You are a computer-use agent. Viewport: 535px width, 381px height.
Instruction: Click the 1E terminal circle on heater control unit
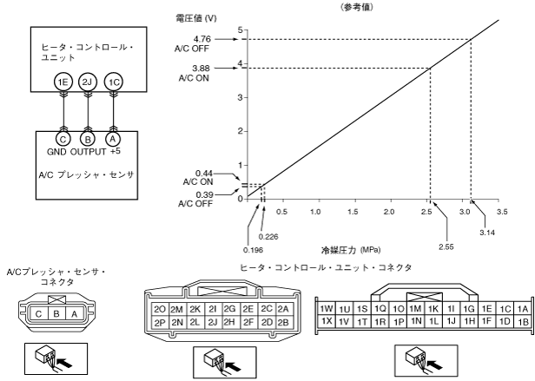coord(61,82)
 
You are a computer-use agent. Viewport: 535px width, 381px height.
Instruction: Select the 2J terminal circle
coord(87,82)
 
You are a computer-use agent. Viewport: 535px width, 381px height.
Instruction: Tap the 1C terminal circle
coord(114,82)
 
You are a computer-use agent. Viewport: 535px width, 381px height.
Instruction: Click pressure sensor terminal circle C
coord(61,137)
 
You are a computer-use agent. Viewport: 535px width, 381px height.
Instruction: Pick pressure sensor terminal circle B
coord(87,137)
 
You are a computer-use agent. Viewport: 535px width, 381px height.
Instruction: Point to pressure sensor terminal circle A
coord(114,137)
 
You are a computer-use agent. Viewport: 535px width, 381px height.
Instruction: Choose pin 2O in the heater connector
coord(159,309)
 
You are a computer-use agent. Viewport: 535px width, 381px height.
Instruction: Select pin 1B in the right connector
coord(522,321)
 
